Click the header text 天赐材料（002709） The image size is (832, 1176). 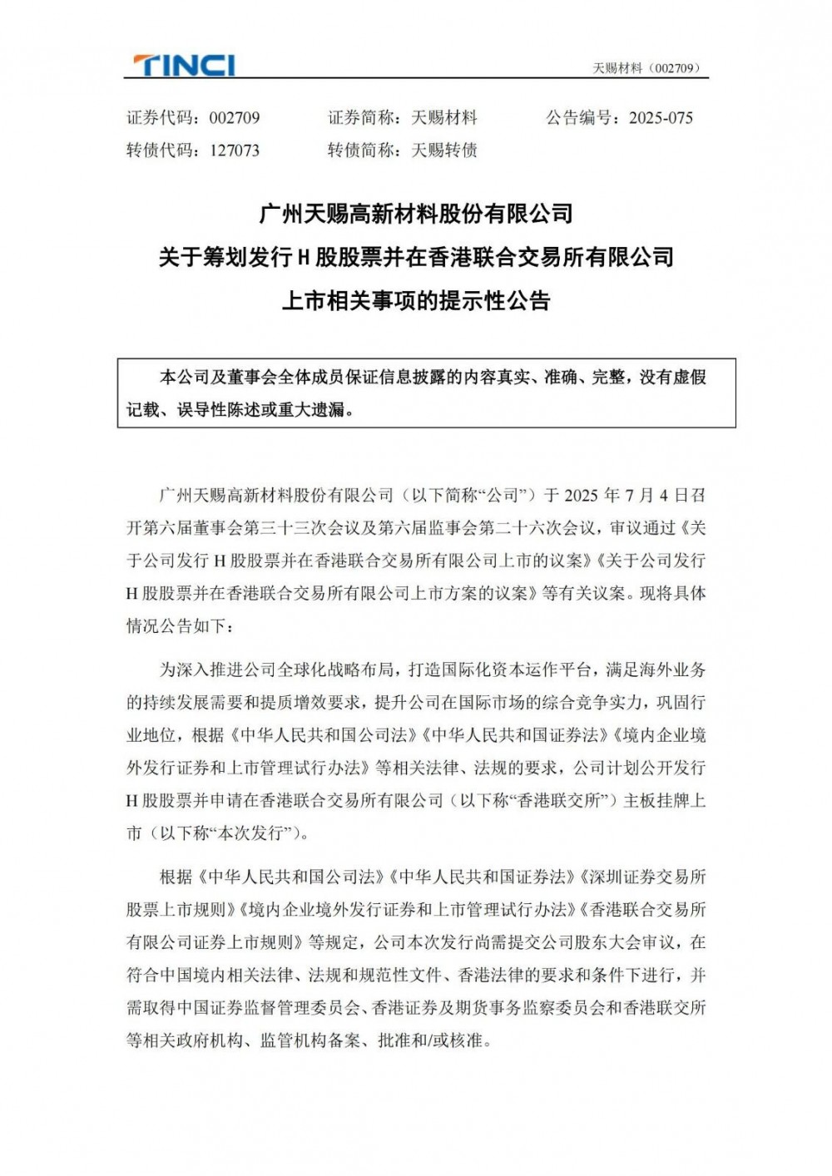click(646, 68)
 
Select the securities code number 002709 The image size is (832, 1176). click(234, 118)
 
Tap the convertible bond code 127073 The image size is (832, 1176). click(234, 151)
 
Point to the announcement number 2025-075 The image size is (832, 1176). click(661, 118)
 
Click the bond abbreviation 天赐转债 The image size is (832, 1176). click(444, 151)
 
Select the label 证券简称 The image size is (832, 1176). click(361, 118)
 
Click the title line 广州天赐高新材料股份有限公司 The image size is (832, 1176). click(416, 214)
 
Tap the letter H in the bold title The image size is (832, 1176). click(305, 258)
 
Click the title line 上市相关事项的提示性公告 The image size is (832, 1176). click(416, 300)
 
